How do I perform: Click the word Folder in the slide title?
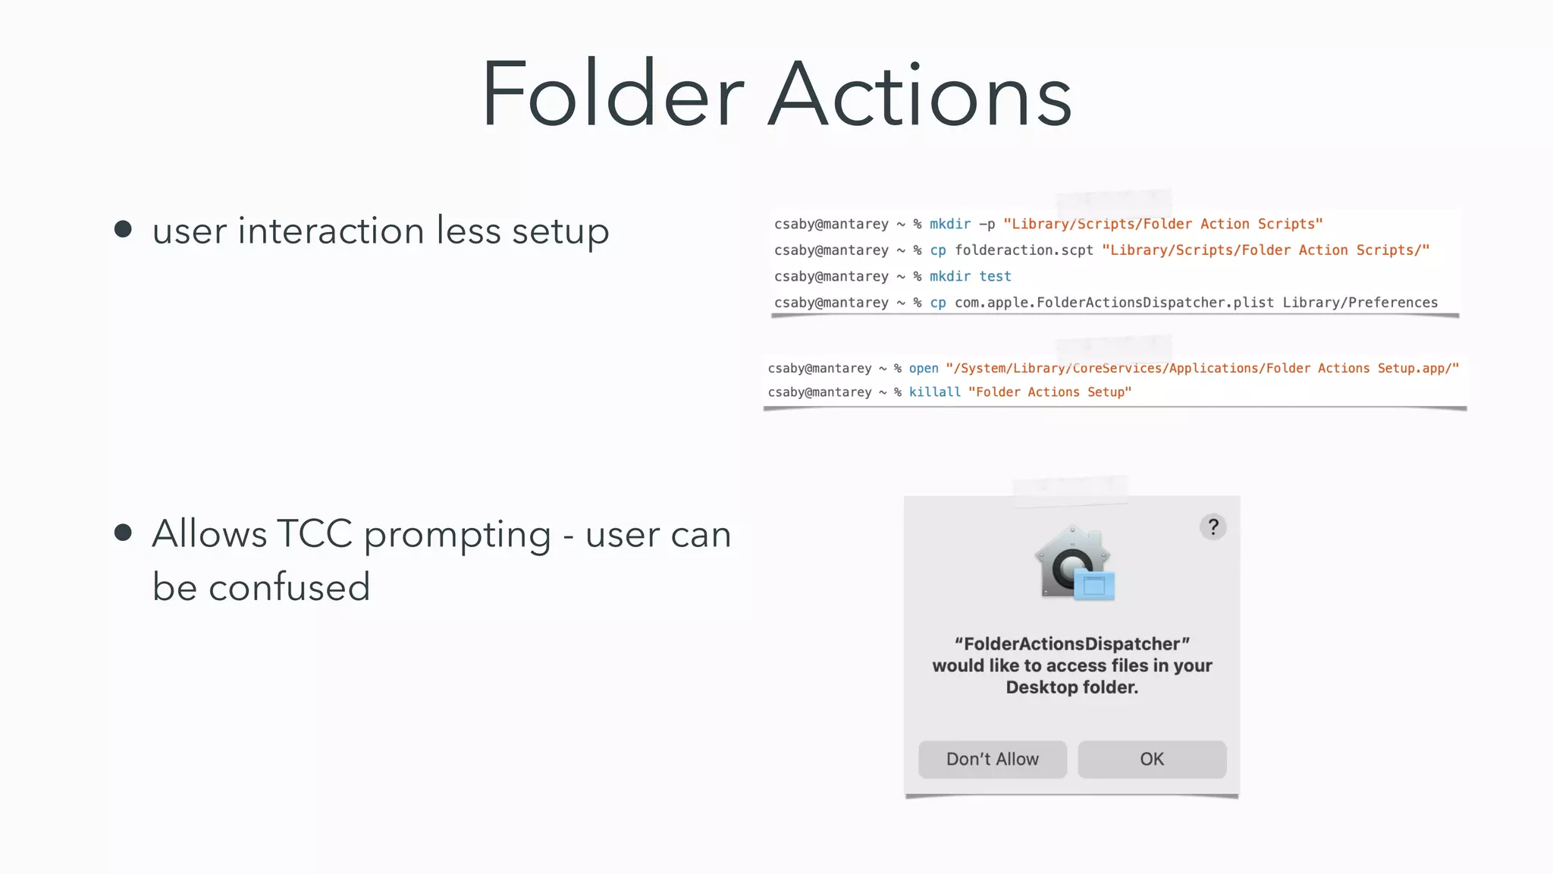coord(613,95)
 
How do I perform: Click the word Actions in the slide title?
coord(920,95)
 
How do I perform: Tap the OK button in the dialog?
coord(1151,759)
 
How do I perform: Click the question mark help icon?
coord(1213,527)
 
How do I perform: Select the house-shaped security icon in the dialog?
coord(1073,563)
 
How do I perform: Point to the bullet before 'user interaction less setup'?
coord(123,229)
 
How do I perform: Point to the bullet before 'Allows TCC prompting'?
coord(123,533)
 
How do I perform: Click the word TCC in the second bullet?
coord(315,534)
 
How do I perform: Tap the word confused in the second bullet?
coord(289,587)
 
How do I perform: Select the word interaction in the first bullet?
coord(331,231)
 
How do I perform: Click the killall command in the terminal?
coord(934,392)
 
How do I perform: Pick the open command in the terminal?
coord(924,369)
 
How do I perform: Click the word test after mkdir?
coord(995,277)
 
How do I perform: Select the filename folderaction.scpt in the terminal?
coord(1024,250)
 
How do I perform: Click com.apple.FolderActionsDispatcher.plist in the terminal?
coord(1114,303)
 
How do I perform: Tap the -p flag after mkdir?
coord(987,225)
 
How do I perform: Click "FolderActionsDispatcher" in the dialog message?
coord(1071,644)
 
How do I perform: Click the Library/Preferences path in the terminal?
coord(1360,303)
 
